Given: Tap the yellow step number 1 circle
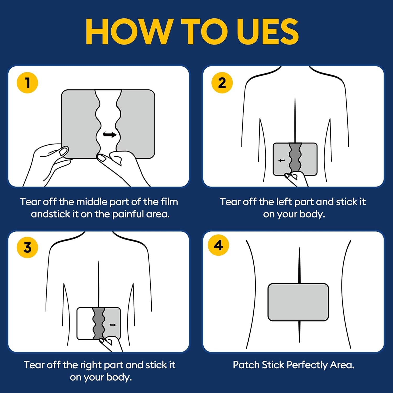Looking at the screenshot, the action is [x=27, y=83].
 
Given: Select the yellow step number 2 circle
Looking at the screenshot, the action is [x=222, y=83].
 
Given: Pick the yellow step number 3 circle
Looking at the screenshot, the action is [x=27, y=247].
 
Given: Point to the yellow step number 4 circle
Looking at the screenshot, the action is [x=219, y=245].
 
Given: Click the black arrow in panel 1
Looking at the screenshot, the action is [x=110, y=135].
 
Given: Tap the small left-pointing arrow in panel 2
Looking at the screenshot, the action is [x=282, y=160].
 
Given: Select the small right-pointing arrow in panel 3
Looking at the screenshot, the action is [x=113, y=325].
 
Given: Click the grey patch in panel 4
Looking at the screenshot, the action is [x=298, y=302].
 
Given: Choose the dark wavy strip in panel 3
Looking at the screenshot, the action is [x=99, y=323].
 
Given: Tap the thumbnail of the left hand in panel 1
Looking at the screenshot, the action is [x=63, y=151].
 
